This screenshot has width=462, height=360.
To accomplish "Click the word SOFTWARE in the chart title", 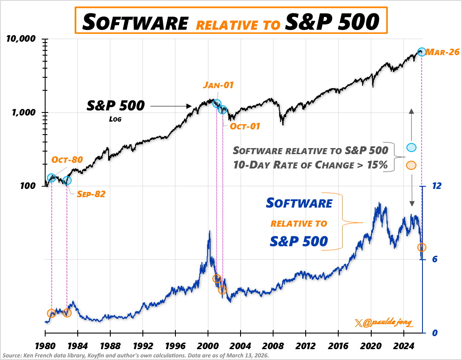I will (135, 21).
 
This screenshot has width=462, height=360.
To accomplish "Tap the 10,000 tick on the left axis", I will (20, 39).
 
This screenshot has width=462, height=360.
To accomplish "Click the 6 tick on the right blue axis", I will (434, 259).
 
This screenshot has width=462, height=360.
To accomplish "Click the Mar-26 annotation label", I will (442, 52).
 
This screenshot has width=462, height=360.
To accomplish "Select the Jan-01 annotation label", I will (218, 85).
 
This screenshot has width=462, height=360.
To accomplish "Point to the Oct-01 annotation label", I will (245, 126).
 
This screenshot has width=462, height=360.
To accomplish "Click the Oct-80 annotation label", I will (67, 160).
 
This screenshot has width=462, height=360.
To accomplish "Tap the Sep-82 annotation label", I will (91, 194).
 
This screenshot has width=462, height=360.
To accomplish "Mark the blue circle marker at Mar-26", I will (422, 52).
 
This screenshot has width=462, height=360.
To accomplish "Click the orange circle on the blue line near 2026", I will (422, 248).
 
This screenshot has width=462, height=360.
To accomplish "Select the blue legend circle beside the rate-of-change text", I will (411, 148).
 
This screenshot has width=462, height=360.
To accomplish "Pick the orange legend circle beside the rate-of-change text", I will (411, 165).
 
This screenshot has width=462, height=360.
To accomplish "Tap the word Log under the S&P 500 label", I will (115, 118).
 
